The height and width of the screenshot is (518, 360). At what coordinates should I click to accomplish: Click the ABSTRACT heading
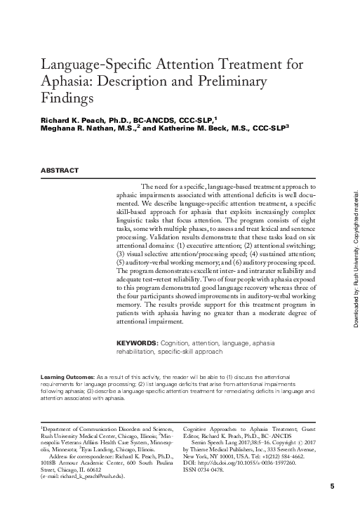click(59, 170)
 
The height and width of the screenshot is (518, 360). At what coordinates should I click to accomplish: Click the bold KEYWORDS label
click(135, 343)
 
